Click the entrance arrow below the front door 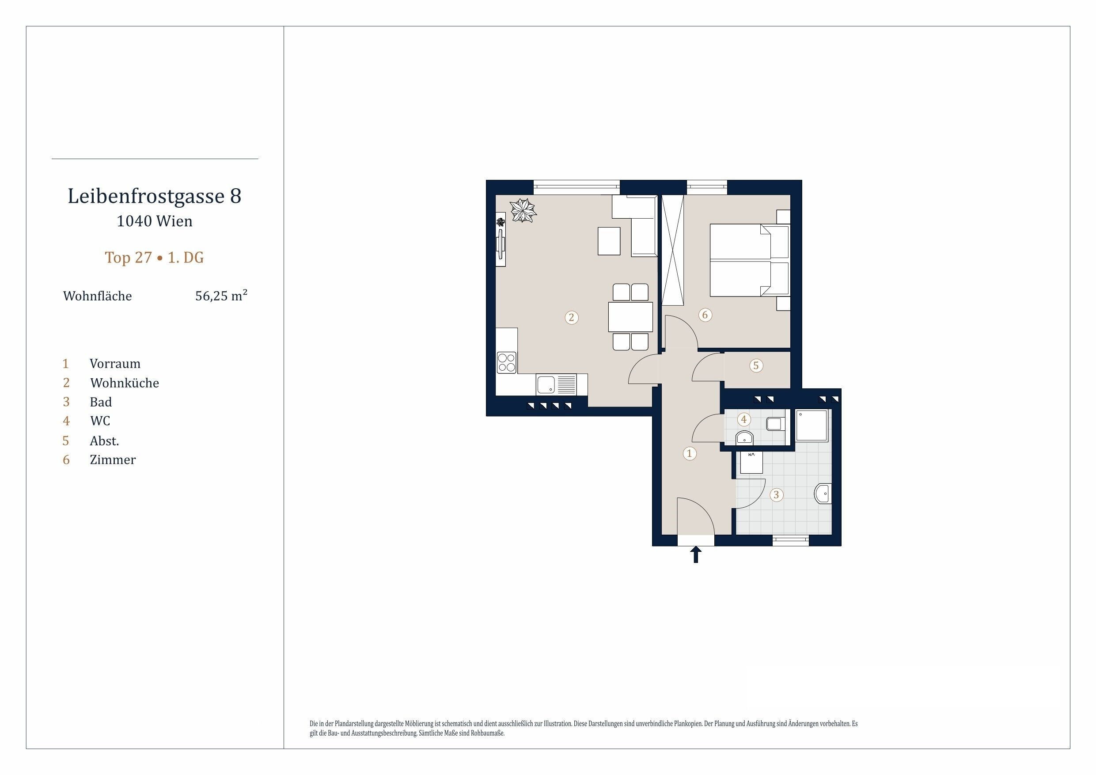[696, 555]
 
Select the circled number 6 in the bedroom [705, 315]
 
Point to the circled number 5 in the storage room [756, 366]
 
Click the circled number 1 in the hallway [689, 453]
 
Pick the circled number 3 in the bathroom [776, 495]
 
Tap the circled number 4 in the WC [744, 420]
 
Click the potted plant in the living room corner [523, 211]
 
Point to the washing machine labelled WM [751, 462]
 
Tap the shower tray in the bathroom [812, 425]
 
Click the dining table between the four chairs [630, 317]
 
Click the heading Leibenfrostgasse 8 [155, 196]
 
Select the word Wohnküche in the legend [125, 383]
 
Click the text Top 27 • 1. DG [154, 258]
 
